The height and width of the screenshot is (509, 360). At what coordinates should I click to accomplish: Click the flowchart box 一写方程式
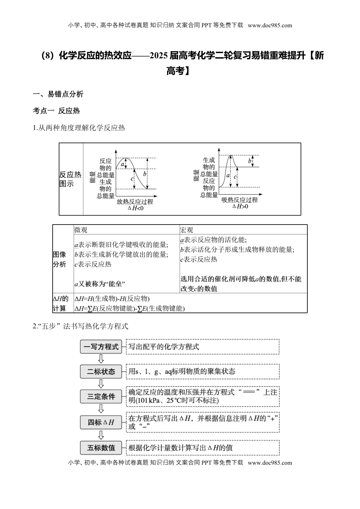[x=101, y=347]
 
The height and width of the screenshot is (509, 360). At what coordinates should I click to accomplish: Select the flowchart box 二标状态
[x=101, y=372]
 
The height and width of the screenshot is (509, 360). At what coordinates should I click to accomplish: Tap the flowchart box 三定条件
[x=101, y=397]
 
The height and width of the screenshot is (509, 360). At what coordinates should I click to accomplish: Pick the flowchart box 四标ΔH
[x=101, y=422]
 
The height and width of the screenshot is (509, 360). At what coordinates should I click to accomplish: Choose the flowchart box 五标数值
[x=101, y=448]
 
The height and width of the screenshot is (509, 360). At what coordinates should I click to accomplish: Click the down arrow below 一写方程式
[x=101, y=359]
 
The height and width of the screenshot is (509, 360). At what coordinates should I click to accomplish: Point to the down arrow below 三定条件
[x=101, y=409]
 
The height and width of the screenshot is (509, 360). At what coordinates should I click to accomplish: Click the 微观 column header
[x=81, y=230]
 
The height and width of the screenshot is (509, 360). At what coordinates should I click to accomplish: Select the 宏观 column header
[x=186, y=230]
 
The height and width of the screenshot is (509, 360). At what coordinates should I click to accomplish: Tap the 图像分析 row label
[x=59, y=259]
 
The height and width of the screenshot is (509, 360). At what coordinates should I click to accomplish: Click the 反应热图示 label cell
[x=70, y=179]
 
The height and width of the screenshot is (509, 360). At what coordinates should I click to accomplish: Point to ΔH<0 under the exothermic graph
[x=135, y=208]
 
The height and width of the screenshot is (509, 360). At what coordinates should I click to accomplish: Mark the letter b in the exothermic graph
[x=145, y=174]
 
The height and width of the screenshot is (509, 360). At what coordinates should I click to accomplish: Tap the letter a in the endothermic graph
[x=228, y=176]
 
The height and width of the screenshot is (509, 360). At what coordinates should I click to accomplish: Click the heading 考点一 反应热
[x=56, y=111]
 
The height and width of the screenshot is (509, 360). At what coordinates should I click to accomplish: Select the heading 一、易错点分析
[x=58, y=94]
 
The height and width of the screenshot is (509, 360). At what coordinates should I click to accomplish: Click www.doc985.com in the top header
[x=270, y=25]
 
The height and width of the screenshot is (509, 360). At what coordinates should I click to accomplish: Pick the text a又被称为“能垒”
[x=100, y=284]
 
